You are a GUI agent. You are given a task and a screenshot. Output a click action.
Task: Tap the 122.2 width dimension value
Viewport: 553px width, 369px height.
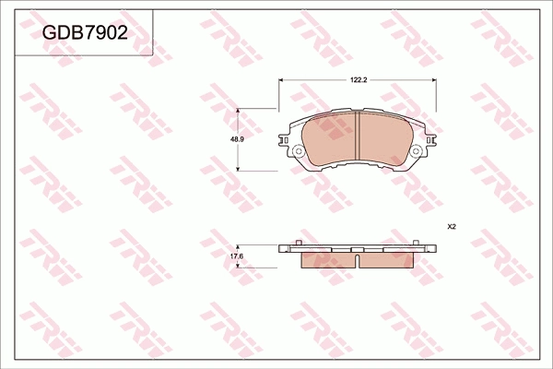[x=359, y=81]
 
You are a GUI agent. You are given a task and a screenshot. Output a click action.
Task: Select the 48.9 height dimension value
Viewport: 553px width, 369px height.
[x=236, y=139]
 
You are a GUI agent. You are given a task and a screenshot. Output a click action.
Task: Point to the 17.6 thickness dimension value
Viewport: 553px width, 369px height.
[x=236, y=256]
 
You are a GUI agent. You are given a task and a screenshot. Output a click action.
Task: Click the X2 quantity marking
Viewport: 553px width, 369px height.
[x=452, y=226]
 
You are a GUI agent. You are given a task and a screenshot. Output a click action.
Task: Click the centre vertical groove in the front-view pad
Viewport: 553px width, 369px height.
[x=357, y=138]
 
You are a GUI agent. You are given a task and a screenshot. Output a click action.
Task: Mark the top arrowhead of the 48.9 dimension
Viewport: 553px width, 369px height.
[x=240, y=111]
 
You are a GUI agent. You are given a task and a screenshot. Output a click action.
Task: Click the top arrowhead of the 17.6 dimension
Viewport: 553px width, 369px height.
[x=240, y=246]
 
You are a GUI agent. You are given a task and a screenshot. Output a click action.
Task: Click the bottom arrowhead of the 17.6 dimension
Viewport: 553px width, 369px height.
[x=240, y=265]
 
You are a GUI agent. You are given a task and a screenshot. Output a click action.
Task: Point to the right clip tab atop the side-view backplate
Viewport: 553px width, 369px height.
[x=420, y=244]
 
